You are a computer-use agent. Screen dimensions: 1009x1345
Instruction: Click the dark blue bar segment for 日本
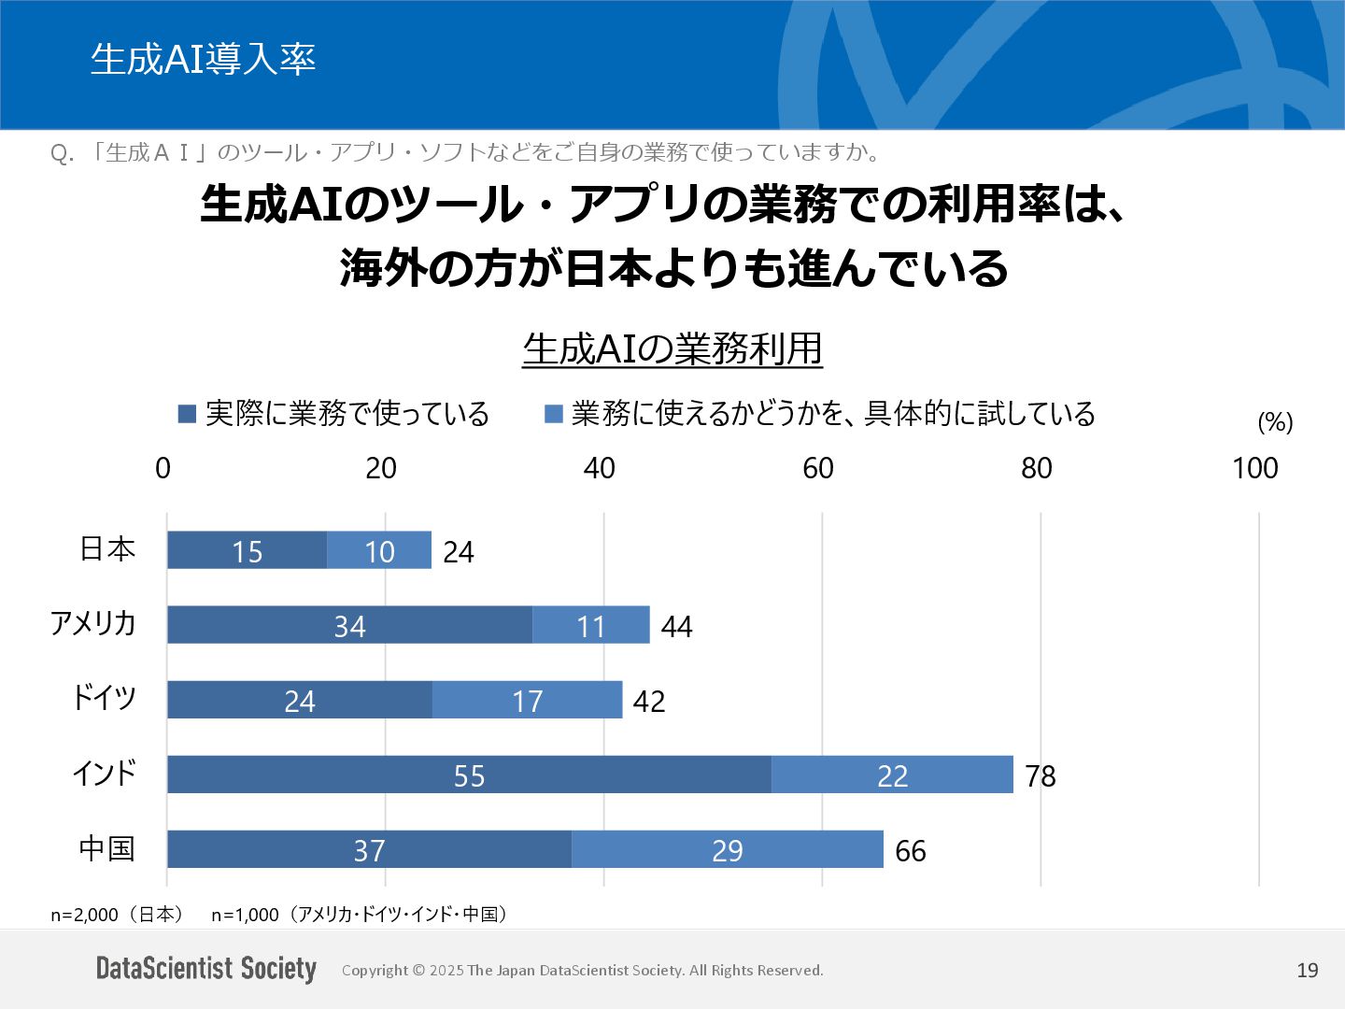(x=247, y=550)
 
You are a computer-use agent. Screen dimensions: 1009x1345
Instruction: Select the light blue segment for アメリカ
(x=590, y=625)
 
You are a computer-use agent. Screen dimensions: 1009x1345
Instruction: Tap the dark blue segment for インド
(x=469, y=775)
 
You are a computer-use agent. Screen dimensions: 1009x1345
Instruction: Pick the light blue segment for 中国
(x=727, y=849)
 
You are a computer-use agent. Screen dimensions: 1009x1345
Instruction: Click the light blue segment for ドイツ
(x=527, y=700)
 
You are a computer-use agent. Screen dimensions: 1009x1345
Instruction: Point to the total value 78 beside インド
(x=1041, y=775)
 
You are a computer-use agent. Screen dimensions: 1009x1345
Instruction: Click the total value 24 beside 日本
(x=459, y=551)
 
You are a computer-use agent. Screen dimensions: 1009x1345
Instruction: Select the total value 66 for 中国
(x=911, y=850)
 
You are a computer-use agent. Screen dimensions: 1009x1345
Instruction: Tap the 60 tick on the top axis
(x=818, y=468)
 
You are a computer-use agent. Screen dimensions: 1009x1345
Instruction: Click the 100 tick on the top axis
(x=1254, y=468)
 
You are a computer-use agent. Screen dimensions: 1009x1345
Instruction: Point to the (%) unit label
(x=1275, y=422)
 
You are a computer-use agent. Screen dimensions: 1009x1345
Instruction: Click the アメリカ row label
(x=92, y=623)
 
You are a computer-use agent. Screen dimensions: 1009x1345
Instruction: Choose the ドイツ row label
(x=104, y=698)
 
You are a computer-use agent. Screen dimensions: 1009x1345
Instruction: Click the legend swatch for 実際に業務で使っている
(x=187, y=413)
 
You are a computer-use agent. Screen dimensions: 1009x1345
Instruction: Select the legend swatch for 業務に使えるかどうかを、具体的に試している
(x=554, y=413)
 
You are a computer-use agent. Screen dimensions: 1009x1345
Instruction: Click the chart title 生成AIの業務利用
(x=672, y=348)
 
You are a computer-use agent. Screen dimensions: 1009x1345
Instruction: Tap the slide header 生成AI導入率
(x=203, y=59)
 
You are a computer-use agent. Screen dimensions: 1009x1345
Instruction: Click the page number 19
(x=1308, y=970)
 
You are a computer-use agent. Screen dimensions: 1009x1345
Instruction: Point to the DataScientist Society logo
(x=206, y=969)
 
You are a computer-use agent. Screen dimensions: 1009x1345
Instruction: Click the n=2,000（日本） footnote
(x=117, y=915)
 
